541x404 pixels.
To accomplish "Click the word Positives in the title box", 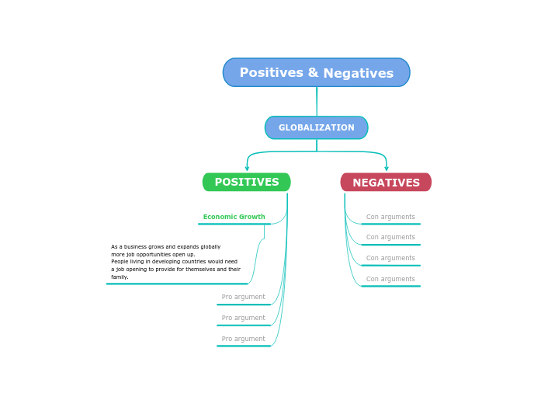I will tap(271, 73).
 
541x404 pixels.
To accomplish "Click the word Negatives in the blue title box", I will tap(358, 74).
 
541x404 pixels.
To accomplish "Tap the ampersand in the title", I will tap(313, 73).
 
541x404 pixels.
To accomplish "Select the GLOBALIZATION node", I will tap(317, 127).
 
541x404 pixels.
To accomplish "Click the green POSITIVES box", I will tap(247, 183).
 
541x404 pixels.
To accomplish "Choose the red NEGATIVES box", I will tap(386, 183).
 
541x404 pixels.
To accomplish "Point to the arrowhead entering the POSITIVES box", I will tap(247, 168).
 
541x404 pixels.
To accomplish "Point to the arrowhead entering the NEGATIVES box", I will tap(387, 168).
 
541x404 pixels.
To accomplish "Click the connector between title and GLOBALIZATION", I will tap(317, 101).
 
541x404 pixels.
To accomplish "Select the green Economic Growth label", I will tap(234, 218).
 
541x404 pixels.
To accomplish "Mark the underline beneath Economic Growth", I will tap(234, 224).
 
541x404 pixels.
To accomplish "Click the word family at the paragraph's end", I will tap(119, 277).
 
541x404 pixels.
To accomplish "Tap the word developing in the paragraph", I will tap(167, 262).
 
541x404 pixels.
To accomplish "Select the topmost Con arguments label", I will tap(390, 218).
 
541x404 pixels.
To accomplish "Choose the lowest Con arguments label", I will tap(390, 280).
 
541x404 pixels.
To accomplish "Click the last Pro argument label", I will tap(243, 340).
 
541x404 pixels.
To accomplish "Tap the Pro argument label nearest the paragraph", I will tap(243, 298).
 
